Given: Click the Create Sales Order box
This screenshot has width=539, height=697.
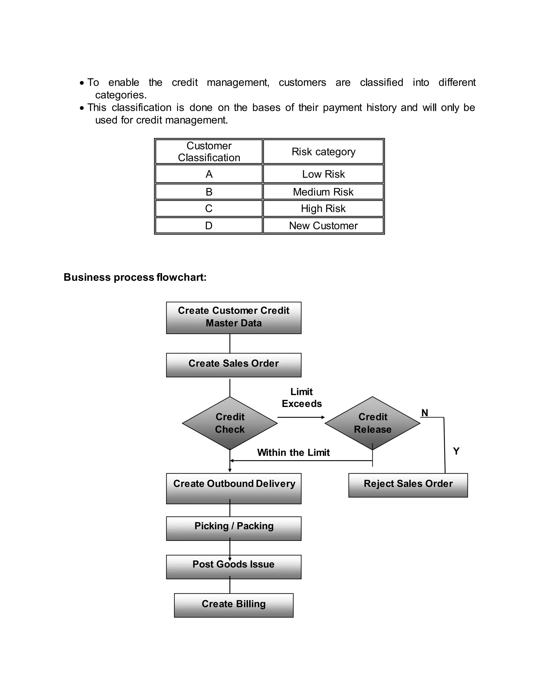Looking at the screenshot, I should (233, 365).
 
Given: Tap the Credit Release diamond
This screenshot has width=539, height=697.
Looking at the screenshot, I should (372, 423).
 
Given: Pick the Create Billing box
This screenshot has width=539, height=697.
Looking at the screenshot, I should (233, 605).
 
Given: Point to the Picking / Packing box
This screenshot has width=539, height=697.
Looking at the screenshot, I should (233, 528).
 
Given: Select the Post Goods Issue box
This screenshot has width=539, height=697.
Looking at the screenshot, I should (233, 567).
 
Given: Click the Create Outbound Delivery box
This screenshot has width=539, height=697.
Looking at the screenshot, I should (233, 488).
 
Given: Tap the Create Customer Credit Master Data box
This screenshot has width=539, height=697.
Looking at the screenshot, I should (233, 317).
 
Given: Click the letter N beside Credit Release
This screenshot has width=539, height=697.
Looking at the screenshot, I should (424, 413).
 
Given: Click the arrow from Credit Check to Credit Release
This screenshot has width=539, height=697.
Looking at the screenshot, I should (301, 417).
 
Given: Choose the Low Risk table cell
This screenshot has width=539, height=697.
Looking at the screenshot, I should (323, 174).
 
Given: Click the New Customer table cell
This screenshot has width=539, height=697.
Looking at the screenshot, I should (323, 226).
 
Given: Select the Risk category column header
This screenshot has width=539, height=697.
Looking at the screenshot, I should (323, 151).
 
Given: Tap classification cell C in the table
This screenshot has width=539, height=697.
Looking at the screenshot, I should (208, 208).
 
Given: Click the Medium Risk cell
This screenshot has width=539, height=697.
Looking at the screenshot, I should (323, 192).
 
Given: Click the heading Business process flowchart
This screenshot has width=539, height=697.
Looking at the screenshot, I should (135, 277).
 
